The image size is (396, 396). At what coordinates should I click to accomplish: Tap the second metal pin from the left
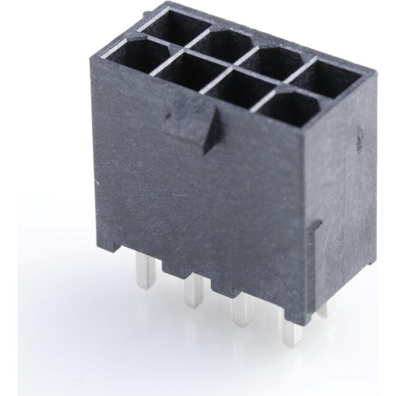(x=192, y=292)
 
